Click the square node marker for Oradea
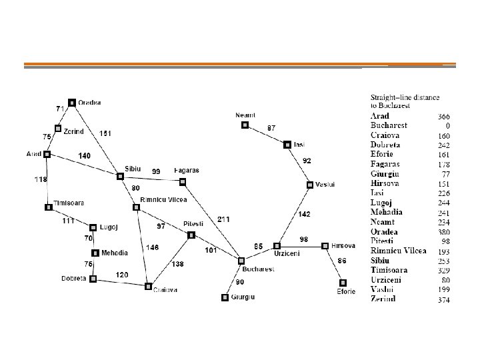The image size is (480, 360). pyautogui.click(x=72, y=102)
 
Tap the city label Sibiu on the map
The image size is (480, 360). pyautogui.click(x=133, y=168)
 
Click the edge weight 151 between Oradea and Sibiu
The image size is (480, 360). pyautogui.click(x=105, y=133)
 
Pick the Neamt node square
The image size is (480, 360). pyautogui.click(x=245, y=125)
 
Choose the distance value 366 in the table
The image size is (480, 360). pyautogui.click(x=443, y=116)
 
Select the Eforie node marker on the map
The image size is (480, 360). pyautogui.click(x=343, y=282)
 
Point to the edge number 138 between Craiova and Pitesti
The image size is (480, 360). pyautogui.click(x=178, y=265)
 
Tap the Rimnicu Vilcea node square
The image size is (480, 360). pyautogui.click(x=136, y=207)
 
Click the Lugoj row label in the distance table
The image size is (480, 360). pyautogui.click(x=383, y=203)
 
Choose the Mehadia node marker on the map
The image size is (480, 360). pyautogui.click(x=95, y=253)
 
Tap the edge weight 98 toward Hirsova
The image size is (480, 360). pyautogui.click(x=303, y=239)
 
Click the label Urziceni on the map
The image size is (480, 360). pyautogui.click(x=286, y=253)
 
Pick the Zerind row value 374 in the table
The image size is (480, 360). pyautogui.click(x=443, y=299)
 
